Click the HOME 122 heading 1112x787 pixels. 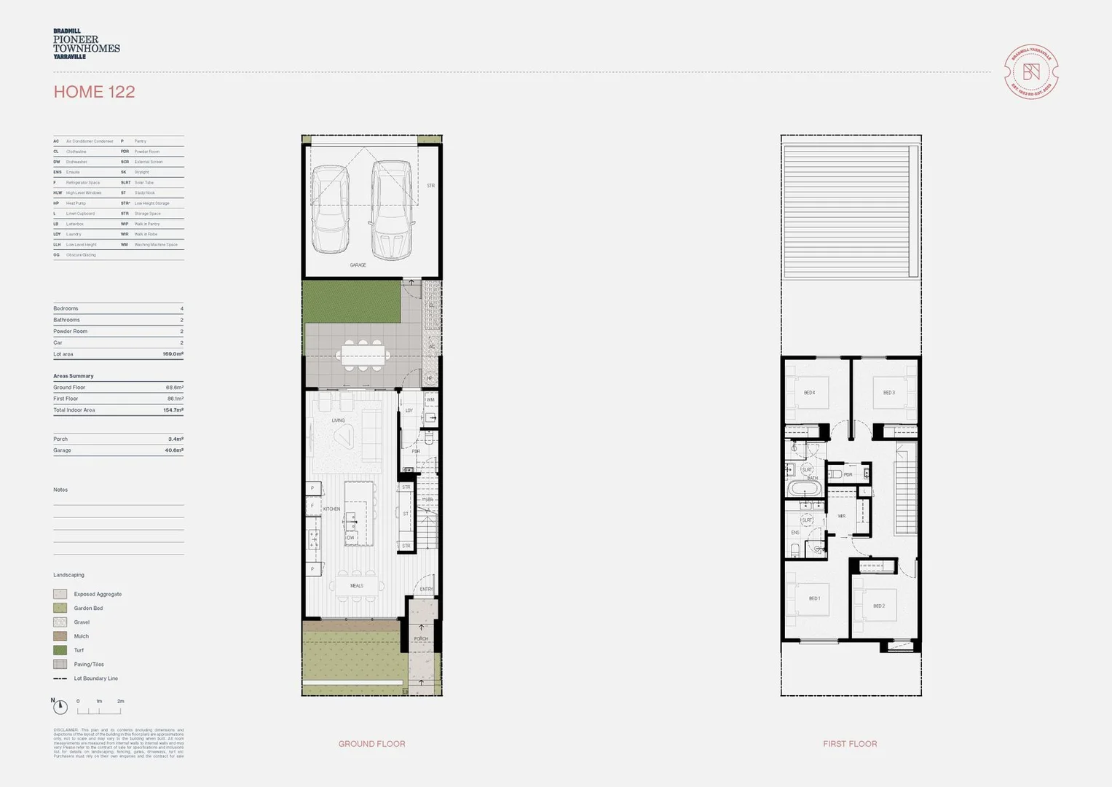[94, 92]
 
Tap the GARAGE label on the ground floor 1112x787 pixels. [358, 265]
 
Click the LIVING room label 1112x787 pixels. [338, 420]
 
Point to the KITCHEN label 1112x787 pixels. [331, 509]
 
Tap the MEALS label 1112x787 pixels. [356, 586]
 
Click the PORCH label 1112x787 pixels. [421, 639]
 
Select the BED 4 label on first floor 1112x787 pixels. [809, 393]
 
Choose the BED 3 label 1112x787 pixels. [888, 393]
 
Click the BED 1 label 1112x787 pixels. [814, 599]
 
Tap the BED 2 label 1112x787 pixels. [879, 606]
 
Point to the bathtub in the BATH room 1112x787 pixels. [805, 488]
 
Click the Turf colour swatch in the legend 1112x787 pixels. [60, 650]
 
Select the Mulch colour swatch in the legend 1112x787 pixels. [60, 636]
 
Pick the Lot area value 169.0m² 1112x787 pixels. [173, 354]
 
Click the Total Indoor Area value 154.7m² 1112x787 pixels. [173, 410]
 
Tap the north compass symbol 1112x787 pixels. [60, 706]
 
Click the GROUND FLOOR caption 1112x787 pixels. [371, 744]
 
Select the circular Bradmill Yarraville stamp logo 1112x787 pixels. [1030, 72]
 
